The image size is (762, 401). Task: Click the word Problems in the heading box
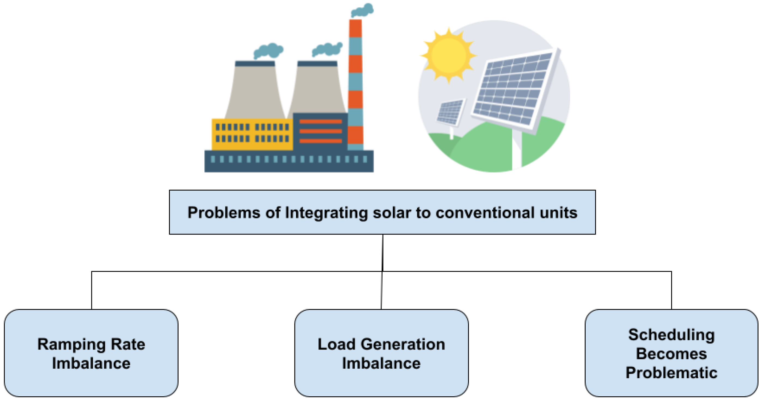point(224,213)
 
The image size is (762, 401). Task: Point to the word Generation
point(403,345)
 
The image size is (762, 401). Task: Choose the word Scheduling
point(671,335)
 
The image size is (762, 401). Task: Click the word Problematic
point(671,373)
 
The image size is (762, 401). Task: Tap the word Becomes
point(671,354)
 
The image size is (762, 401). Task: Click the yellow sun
point(448,56)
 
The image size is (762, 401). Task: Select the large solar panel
point(515,89)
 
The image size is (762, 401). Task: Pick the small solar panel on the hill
point(450,112)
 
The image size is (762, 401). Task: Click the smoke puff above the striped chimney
point(362,10)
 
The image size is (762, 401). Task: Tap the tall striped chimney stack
point(355,86)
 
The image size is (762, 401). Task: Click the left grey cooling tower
point(255,92)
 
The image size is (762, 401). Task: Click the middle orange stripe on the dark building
point(320,131)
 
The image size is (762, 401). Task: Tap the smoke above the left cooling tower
point(268,51)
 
